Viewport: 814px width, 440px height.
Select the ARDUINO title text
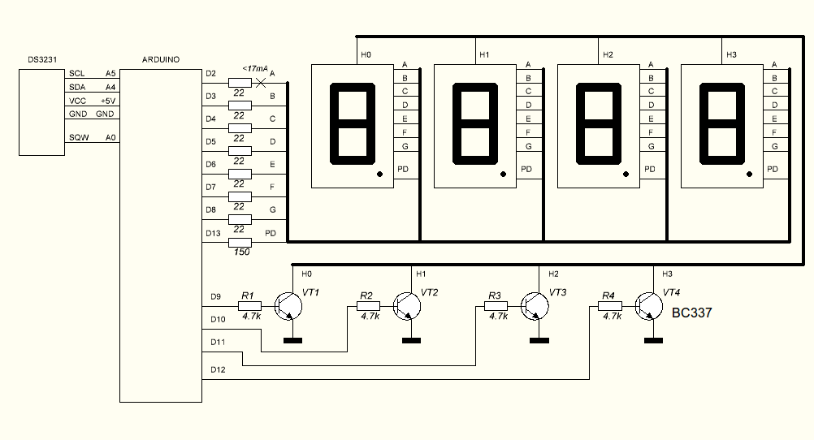[160, 60]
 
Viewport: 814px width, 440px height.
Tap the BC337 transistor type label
[692, 313]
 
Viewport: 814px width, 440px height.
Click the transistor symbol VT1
[288, 306]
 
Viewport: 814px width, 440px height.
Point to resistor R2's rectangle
[366, 306]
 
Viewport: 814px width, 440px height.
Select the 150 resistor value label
[240, 252]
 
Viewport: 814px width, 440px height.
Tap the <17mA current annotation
[255, 69]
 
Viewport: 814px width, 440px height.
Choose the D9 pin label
[216, 297]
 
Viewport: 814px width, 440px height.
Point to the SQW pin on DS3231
[78, 137]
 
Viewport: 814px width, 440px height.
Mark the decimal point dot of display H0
[379, 175]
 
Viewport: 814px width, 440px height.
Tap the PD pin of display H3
[773, 169]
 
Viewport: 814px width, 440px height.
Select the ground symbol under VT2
[411, 340]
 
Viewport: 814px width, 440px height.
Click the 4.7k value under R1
[251, 317]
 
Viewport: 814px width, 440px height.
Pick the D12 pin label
[218, 369]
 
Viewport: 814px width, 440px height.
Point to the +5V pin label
[107, 101]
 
